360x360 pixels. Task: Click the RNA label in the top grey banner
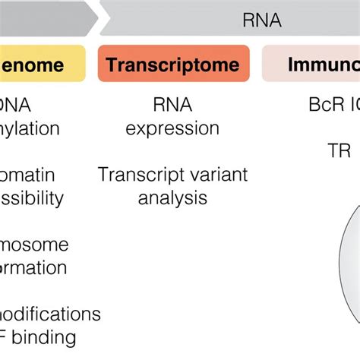click(x=263, y=20)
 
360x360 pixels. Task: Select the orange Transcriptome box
click(x=173, y=64)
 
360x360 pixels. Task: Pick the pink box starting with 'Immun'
click(x=311, y=64)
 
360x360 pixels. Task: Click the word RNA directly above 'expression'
click(x=172, y=105)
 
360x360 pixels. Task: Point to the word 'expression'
click(x=172, y=128)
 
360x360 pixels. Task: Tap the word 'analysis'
click(x=172, y=198)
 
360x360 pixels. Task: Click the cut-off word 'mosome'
click(x=33, y=245)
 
